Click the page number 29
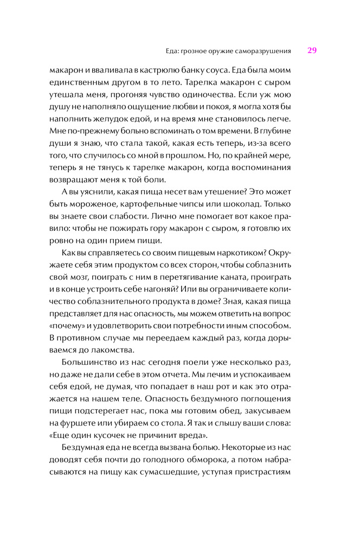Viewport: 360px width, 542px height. tap(312, 50)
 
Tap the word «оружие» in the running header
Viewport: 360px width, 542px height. tap(220, 51)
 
